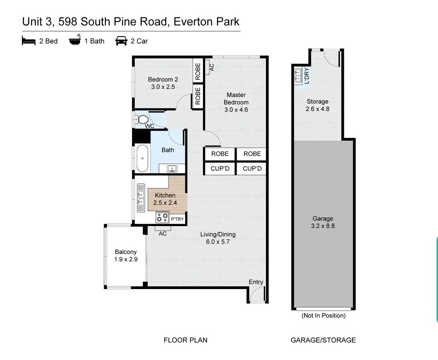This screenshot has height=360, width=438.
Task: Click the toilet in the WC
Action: click(x=142, y=120)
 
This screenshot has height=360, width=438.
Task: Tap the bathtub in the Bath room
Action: click(x=142, y=158)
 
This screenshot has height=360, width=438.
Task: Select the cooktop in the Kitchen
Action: click(x=162, y=217)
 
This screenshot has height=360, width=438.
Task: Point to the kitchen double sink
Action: click(x=141, y=198)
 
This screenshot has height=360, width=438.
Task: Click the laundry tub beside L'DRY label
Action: click(x=298, y=76)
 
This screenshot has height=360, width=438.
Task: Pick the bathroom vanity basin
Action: click(x=172, y=169)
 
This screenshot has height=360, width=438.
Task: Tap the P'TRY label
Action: click(x=177, y=219)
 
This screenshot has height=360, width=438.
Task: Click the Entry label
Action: click(x=256, y=282)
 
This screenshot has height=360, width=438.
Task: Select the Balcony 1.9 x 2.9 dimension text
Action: click(x=126, y=259)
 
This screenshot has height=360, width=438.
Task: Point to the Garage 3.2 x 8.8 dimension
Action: click(x=323, y=226)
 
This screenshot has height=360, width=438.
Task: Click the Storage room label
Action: click(x=318, y=102)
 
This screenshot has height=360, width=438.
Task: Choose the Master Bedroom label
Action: click(x=236, y=99)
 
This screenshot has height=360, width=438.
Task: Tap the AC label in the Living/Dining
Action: click(x=163, y=234)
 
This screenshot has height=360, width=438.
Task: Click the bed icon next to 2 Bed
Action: click(x=29, y=40)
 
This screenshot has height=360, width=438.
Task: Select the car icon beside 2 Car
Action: click(x=121, y=41)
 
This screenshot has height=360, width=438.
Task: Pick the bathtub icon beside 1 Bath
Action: click(x=75, y=40)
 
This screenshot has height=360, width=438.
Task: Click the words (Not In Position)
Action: click(x=323, y=316)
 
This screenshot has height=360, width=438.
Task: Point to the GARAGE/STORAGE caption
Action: click(x=323, y=340)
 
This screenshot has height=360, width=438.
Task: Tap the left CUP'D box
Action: click(x=220, y=169)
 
